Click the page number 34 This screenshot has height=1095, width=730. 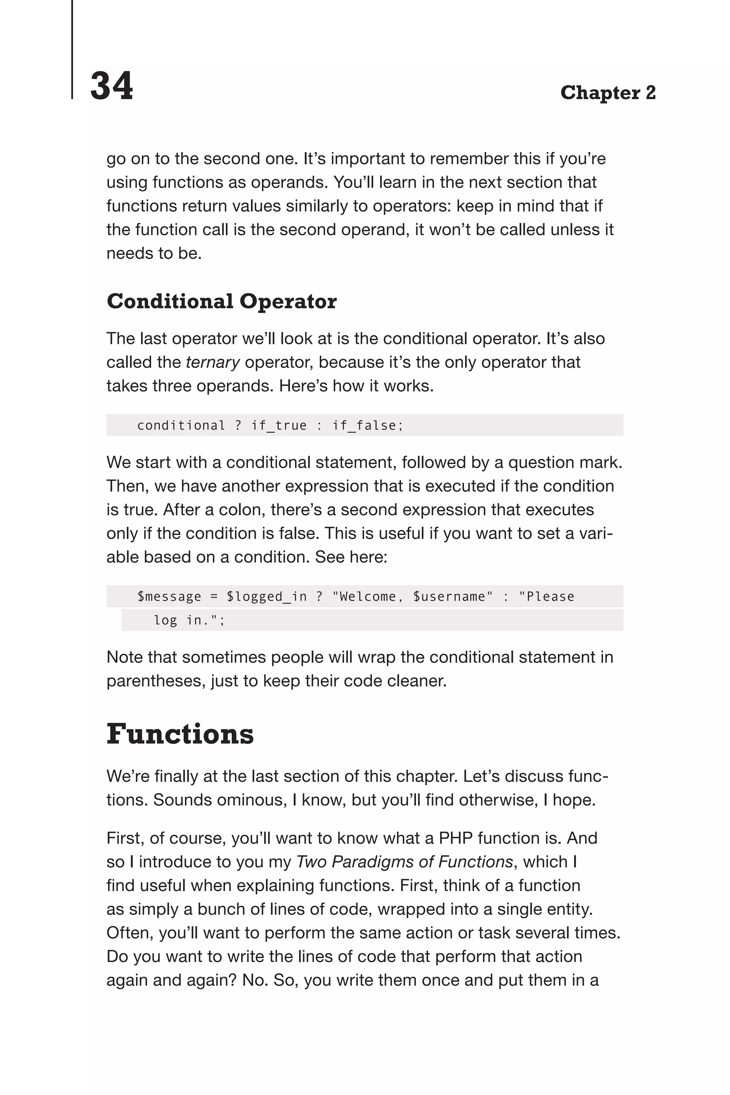click(111, 86)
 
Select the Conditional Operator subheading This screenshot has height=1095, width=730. click(222, 301)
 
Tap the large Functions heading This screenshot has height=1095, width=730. click(180, 734)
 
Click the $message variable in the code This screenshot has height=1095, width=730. click(169, 596)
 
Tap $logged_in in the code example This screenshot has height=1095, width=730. click(266, 596)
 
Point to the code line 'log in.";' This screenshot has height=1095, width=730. click(189, 620)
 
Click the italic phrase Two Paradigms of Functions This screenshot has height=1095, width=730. click(404, 862)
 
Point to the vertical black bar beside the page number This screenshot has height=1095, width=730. click(72, 49)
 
